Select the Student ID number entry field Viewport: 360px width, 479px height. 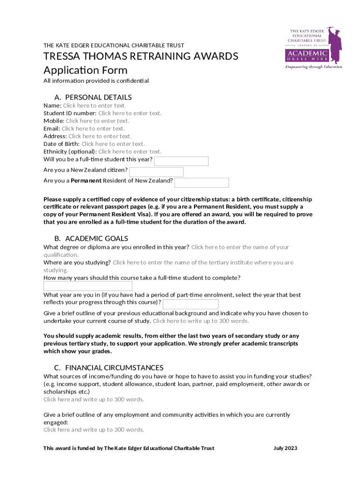click(130, 113)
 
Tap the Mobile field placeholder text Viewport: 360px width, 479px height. click(97, 121)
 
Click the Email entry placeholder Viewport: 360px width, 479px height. click(93, 128)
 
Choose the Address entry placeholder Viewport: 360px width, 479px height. click(100, 136)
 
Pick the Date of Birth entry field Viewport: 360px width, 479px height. click(113, 144)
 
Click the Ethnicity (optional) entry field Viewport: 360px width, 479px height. click(130, 152)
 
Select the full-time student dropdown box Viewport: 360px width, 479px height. click(181, 161)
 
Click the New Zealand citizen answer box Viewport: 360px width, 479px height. click(156, 172)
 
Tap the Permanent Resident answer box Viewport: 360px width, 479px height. click(202, 182)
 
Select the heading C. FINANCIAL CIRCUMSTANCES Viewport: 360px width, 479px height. click(108, 368)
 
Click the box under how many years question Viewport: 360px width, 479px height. click(88, 286)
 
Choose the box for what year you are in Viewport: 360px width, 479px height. click(190, 304)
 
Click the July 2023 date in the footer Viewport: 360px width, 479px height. click(285, 448)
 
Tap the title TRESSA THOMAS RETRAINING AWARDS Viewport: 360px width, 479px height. click(141, 57)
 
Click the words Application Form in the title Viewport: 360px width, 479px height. click(85, 70)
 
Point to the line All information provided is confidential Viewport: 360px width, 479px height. click(96, 81)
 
